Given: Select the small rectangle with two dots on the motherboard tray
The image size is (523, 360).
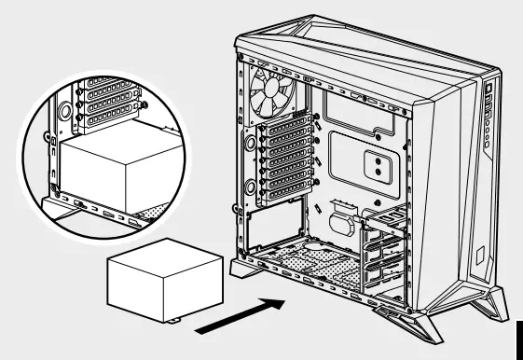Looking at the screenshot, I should tap(375, 165).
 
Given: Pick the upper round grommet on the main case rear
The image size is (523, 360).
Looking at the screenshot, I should tap(251, 144).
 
